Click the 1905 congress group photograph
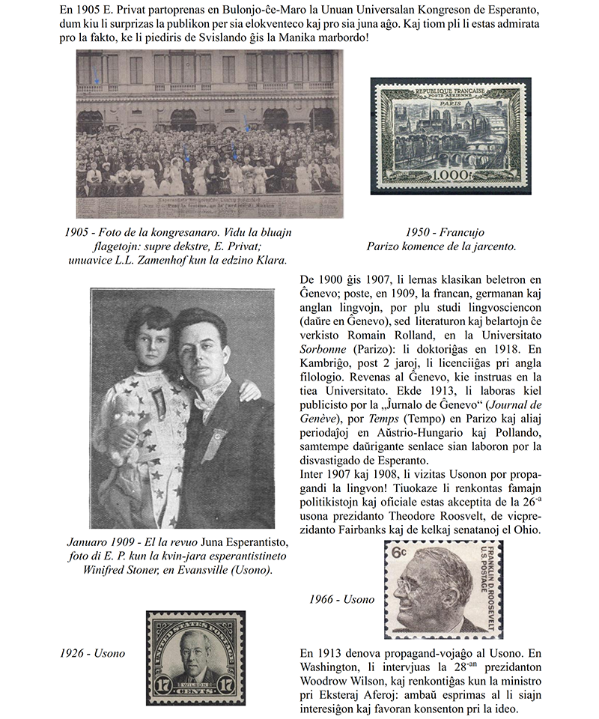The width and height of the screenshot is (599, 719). tap(209, 133)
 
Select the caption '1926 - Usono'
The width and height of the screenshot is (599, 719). tap(92, 653)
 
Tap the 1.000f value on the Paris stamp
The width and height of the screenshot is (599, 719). tap(445, 175)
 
